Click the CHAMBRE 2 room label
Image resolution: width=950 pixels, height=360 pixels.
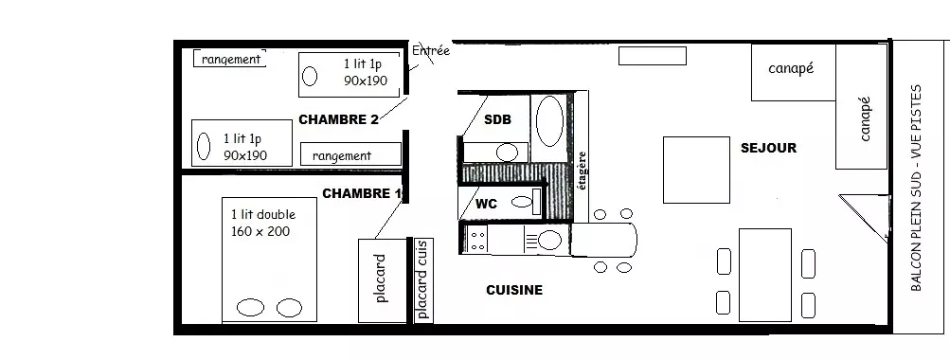tap(338, 119)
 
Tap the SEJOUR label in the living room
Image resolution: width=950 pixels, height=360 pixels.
tap(768, 148)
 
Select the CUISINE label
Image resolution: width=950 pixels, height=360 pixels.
tap(514, 290)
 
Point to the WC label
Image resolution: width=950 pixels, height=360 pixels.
tap(486, 204)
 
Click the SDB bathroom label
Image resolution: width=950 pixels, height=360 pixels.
tap(497, 119)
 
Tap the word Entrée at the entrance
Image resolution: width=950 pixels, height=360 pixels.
tap(431, 51)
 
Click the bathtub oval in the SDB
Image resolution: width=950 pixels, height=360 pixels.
tap(549, 121)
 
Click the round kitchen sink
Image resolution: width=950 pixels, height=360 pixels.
tap(549, 240)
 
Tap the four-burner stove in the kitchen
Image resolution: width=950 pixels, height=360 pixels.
tap(477, 238)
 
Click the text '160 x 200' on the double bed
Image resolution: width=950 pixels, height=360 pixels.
tap(260, 231)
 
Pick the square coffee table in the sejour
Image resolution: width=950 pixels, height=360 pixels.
tap(696, 170)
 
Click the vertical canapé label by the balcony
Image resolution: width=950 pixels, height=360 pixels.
tap(865, 118)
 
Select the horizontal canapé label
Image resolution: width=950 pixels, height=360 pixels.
tap(791, 68)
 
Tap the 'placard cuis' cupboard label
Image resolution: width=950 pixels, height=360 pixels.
tap(422, 279)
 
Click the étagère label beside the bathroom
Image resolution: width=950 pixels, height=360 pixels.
tap(583, 171)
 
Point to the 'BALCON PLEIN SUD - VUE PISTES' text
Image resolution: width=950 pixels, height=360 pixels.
tap(916, 188)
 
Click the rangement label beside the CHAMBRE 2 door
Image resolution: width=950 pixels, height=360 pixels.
tap(342, 155)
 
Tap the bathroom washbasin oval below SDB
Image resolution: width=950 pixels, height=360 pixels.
tap(507, 153)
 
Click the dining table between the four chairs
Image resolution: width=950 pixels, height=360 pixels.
tap(765, 275)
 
